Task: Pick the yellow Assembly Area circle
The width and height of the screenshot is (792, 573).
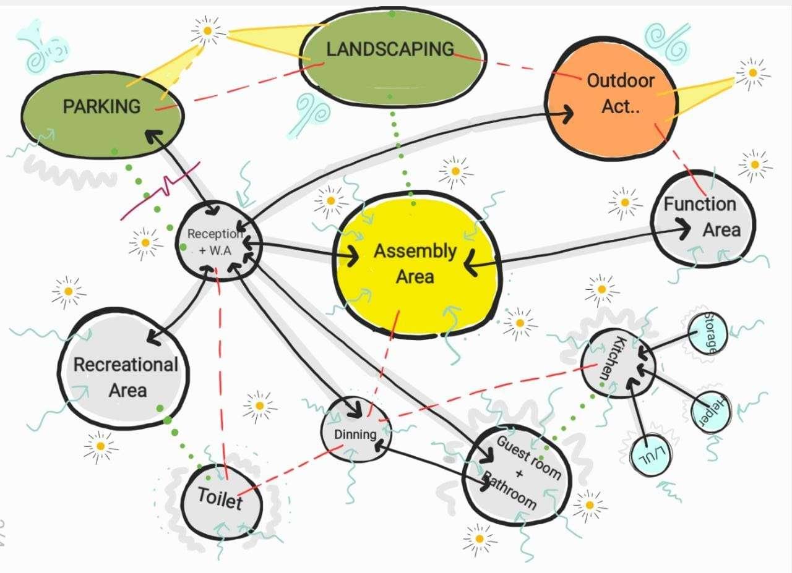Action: pyautogui.click(x=415, y=266)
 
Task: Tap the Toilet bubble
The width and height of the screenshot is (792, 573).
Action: pyautogui.click(x=220, y=498)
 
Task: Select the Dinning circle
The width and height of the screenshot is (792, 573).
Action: pyautogui.click(x=356, y=433)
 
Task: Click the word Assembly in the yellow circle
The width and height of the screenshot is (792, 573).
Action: pyautogui.click(x=415, y=252)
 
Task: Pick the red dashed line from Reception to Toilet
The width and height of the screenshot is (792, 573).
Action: pyautogui.click(x=221, y=371)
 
